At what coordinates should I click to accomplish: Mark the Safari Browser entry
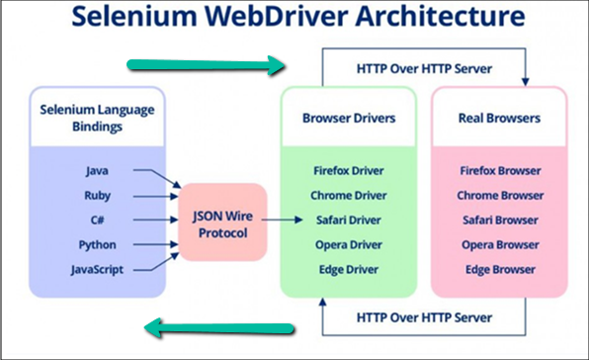tap(499, 219)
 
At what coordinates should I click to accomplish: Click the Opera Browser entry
tap(499, 242)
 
